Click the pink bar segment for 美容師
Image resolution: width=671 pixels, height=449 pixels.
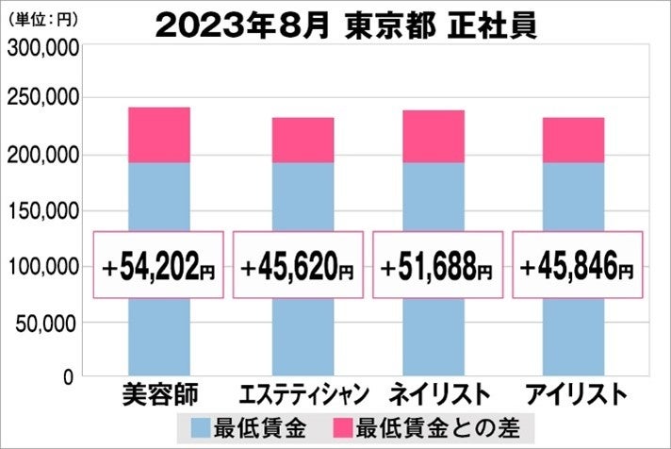(x=158, y=135)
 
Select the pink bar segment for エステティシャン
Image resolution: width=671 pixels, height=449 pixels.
(x=303, y=141)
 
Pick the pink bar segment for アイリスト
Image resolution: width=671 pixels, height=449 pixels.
(x=573, y=141)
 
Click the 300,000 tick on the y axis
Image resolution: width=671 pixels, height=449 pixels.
(x=42, y=50)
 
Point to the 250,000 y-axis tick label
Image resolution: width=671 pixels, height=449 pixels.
(x=42, y=100)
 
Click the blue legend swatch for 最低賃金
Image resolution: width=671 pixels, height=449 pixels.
(x=199, y=426)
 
